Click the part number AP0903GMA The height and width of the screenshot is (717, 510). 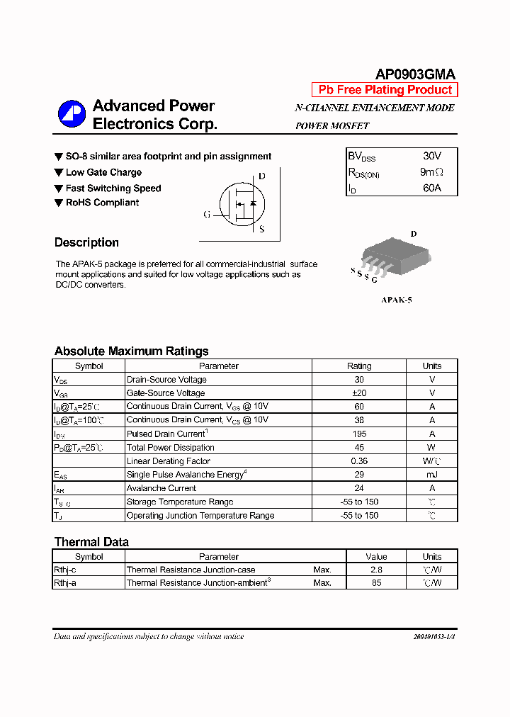pyautogui.click(x=414, y=74)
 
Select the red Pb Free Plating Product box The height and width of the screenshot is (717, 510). pyautogui.click(x=385, y=90)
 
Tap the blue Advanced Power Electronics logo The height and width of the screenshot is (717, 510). pyautogui.click(x=72, y=115)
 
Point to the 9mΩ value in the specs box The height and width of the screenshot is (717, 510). pyautogui.click(x=431, y=172)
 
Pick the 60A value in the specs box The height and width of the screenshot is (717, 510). pyautogui.click(x=431, y=188)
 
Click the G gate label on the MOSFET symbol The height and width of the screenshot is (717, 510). pyautogui.click(x=207, y=214)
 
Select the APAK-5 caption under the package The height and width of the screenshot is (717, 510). pyautogui.click(x=397, y=300)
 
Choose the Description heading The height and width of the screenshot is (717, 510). pyautogui.click(x=86, y=242)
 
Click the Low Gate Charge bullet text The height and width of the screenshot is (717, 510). pyautogui.click(x=103, y=172)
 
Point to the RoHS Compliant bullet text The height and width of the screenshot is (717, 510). pyautogui.click(x=102, y=203)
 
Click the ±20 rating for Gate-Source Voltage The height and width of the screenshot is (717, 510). pyautogui.click(x=359, y=393)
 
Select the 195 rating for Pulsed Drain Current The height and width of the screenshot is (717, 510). pyautogui.click(x=359, y=434)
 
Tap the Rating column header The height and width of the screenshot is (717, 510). pyautogui.click(x=359, y=366)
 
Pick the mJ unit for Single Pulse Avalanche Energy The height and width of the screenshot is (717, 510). pyautogui.click(x=431, y=475)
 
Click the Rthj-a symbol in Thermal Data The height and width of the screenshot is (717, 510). pyautogui.click(x=65, y=583)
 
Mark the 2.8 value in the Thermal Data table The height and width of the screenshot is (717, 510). pyautogui.click(x=376, y=570)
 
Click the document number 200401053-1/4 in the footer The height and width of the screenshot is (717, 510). pyautogui.click(x=433, y=637)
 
